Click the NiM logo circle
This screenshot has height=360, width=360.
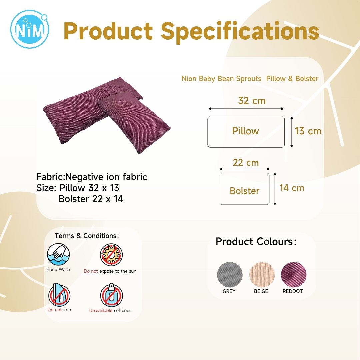(30, 29)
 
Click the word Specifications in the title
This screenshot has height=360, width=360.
(240, 32)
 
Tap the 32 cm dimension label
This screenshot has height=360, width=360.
(252, 101)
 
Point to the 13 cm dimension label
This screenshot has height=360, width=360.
(308, 131)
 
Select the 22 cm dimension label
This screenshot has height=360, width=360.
(246, 163)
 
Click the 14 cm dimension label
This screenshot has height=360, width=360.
(292, 188)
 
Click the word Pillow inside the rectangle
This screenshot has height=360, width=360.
(246, 131)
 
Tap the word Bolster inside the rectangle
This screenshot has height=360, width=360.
(245, 191)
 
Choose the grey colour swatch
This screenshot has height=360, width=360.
(230, 275)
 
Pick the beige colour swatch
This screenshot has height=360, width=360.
(262, 275)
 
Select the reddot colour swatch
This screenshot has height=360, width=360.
(294, 275)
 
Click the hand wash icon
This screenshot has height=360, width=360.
(58, 255)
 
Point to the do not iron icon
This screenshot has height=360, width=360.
(59, 295)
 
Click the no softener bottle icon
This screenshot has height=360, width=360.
(112, 295)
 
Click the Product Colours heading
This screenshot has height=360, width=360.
(256, 242)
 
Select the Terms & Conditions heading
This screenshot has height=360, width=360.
(87, 236)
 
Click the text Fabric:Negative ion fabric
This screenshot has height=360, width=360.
(92, 177)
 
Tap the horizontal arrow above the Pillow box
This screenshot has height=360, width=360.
(246, 109)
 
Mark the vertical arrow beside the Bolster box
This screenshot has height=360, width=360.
(275, 189)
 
